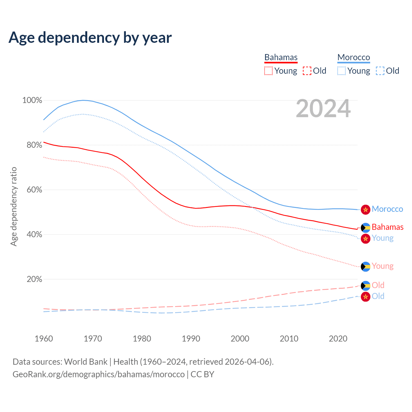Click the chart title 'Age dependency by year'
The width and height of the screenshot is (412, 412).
coord(90,38)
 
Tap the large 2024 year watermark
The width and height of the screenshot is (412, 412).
coord(323,109)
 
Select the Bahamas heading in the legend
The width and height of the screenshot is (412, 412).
coord(281,57)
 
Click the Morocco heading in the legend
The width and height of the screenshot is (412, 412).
coord(354,57)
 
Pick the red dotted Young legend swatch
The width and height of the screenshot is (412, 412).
coord(268,71)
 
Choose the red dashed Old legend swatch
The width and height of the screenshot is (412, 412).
coord(307,71)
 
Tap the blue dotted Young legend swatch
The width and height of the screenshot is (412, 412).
coord(342,71)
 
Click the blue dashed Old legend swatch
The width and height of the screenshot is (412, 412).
coord(380,71)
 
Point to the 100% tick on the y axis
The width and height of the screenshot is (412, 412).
coord(32,100)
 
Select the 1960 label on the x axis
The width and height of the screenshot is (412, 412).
coord(44,339)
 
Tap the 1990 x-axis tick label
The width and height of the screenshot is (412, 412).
coord(191,339)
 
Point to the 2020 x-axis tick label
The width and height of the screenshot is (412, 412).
coord(338,339)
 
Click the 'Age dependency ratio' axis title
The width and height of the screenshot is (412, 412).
coord(14,206)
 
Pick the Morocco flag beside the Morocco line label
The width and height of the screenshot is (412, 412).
coord(365,210)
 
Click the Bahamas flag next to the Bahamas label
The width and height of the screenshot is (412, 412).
coord(365,228)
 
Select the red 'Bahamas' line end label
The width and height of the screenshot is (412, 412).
coord(388,227)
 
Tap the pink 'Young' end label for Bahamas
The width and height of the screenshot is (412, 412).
coord(383,266)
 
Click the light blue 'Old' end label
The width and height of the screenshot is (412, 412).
coord(378,296)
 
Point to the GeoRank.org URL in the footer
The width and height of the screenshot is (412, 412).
coord(98,374)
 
